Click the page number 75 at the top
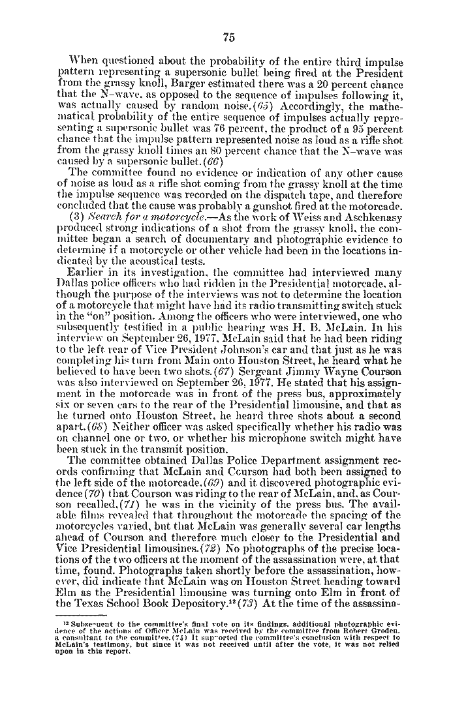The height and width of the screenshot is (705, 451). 228,37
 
